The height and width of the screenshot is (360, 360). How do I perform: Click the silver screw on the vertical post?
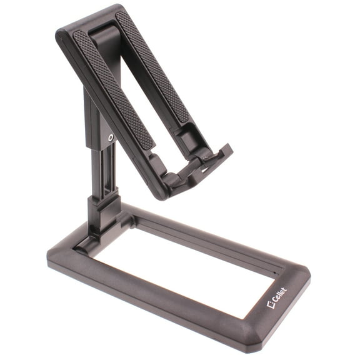click(111, 138)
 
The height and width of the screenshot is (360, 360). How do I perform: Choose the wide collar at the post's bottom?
click(100, 206)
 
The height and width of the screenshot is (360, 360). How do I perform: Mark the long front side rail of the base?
click(156, 300)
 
